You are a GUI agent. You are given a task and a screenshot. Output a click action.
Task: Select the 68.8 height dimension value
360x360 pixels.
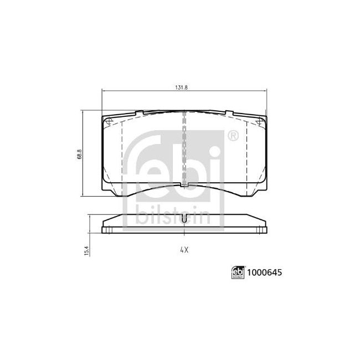(80, 153)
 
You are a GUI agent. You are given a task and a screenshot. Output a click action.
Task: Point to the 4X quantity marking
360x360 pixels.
(184, 250)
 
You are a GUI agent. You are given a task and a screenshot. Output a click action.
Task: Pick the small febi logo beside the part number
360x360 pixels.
(238, 273)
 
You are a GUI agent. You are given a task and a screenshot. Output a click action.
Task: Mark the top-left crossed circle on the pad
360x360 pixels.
(109, 122)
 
